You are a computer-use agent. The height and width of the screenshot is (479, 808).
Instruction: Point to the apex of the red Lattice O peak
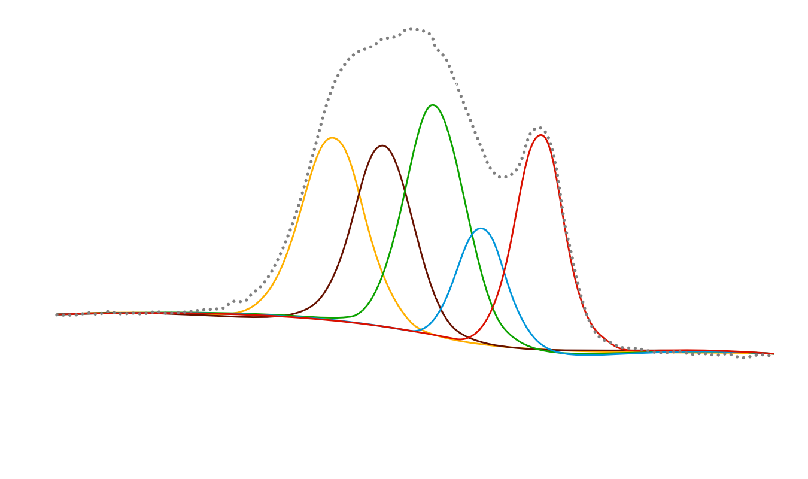click(540, 135)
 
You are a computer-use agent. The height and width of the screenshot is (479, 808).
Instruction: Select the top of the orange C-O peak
click(333, 138)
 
